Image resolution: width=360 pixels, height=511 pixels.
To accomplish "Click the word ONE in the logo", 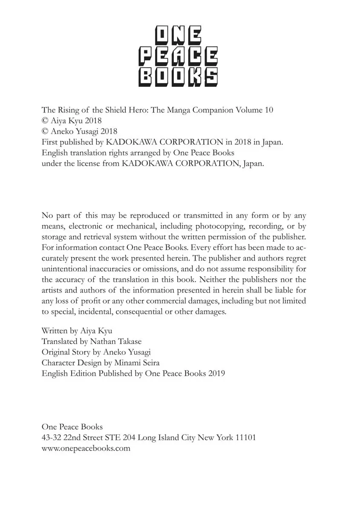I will pos(179,36).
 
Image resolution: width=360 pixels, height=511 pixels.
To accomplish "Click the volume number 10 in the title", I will pos(268,110).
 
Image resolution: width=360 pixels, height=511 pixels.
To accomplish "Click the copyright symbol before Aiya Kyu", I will pos(45,121).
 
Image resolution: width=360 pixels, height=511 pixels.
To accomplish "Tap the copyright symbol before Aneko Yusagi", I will pos(45,132).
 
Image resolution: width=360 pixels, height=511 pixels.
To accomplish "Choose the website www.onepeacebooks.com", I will pos(86,448).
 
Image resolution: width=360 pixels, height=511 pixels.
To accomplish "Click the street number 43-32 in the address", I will pos(52,437).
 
